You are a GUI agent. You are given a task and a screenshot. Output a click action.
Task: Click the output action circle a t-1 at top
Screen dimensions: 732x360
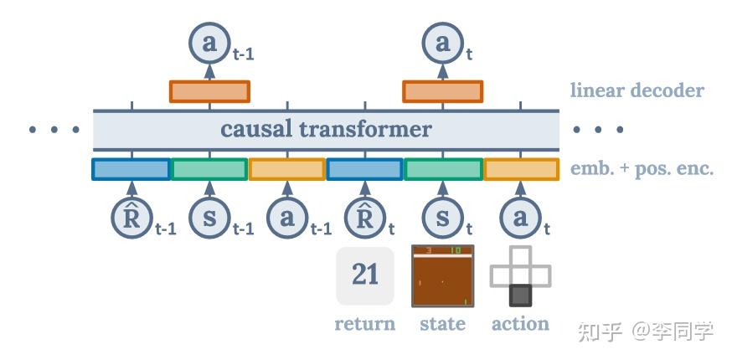point(209,43)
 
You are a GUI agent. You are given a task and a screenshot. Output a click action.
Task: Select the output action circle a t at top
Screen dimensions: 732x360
point(443,43)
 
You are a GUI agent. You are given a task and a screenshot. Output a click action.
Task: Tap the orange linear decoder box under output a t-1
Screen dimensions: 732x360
point(209,91)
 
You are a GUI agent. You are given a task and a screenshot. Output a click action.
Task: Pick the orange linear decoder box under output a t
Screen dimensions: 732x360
point(443,91)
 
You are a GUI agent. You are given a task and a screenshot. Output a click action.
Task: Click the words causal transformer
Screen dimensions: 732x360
point(326,129)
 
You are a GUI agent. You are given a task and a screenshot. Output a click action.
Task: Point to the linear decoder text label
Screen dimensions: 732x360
point(637,90)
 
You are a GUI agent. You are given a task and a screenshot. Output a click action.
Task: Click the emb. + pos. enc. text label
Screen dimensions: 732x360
point(642,169)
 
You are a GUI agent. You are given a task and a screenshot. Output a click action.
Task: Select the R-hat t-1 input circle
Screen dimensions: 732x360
point(132,218)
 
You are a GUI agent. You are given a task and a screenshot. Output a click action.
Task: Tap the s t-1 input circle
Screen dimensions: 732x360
point(209,218)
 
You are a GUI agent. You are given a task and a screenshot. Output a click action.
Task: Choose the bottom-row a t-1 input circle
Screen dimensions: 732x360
point(287,218)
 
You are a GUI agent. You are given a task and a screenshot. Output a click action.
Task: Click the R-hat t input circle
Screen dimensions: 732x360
point(365,218)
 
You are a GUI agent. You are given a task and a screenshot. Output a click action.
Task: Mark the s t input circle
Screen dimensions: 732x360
point(443,218)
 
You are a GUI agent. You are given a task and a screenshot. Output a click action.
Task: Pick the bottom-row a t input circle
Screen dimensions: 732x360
point(520,218)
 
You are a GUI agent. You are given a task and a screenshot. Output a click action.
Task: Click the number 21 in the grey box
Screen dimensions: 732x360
point(365,275)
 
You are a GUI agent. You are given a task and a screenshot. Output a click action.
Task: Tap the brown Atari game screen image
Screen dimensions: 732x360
point(443,276)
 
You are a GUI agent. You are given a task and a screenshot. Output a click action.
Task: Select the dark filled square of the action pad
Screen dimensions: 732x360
point(520,296)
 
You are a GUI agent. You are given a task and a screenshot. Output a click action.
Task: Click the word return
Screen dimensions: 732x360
point(365,323)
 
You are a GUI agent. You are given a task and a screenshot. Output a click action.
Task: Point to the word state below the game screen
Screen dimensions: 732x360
point(442,323)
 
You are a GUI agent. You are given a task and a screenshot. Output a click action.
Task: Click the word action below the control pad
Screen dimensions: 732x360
point(520,323)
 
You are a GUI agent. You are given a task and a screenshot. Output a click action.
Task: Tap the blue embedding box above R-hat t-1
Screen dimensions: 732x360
point(131,169)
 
